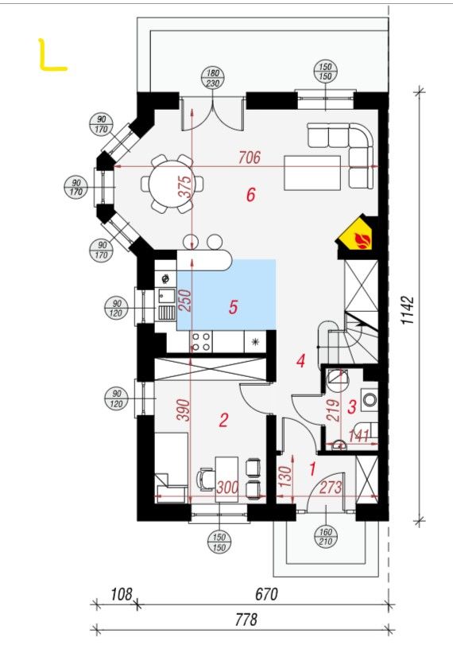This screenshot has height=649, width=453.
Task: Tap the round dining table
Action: [x=172, y=184]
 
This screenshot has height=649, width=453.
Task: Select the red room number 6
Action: [x=250, y=194]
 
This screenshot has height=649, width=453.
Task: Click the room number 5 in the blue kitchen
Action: [x=233, y=307]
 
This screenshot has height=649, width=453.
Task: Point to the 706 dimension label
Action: [x=250, y=157]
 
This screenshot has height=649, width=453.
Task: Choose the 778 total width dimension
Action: [x=246, y=620]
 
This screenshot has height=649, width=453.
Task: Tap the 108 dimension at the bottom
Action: [x=122, y=594]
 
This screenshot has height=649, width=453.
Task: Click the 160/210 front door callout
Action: [x=326, y=536]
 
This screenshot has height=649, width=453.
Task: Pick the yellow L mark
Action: [x=52, y=55]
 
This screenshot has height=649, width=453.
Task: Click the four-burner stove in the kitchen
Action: [x=202, y=342]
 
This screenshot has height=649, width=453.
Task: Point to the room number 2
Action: [x=223, y=420]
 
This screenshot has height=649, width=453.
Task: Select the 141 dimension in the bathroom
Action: [x=358, y=436]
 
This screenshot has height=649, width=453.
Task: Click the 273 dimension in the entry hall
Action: [x=331, y=488]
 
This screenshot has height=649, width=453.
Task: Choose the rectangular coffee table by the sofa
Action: [x=312, y=173]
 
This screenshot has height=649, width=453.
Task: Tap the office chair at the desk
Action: [x=206, y=479]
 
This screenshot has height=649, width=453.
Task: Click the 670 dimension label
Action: [x=266, y=594]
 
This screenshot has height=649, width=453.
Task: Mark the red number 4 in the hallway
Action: [x=301, y=361]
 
